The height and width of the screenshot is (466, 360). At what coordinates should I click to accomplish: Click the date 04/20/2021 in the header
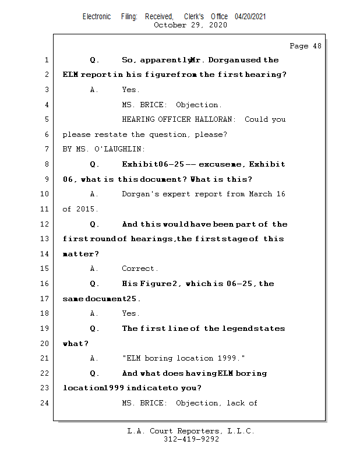click(x=250, y=17)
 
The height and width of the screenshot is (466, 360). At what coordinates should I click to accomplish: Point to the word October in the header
click(x=170, y=25)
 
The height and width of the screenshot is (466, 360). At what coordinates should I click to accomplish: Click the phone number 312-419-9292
click(x=191, y=439)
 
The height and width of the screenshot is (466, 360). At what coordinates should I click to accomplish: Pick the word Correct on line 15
click(x=139, y=269)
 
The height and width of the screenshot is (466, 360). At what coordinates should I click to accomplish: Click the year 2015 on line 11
click(x=86, y=209)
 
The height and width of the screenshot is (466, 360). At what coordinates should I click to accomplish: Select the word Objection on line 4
click(x=198, y=105)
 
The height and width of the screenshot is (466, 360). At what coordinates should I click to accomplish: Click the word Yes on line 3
click(x=130, y=90)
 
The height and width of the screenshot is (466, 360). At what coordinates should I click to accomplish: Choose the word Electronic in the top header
click(x=97, y=17)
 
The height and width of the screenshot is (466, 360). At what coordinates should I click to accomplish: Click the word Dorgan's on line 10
click(x=142, y=194)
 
